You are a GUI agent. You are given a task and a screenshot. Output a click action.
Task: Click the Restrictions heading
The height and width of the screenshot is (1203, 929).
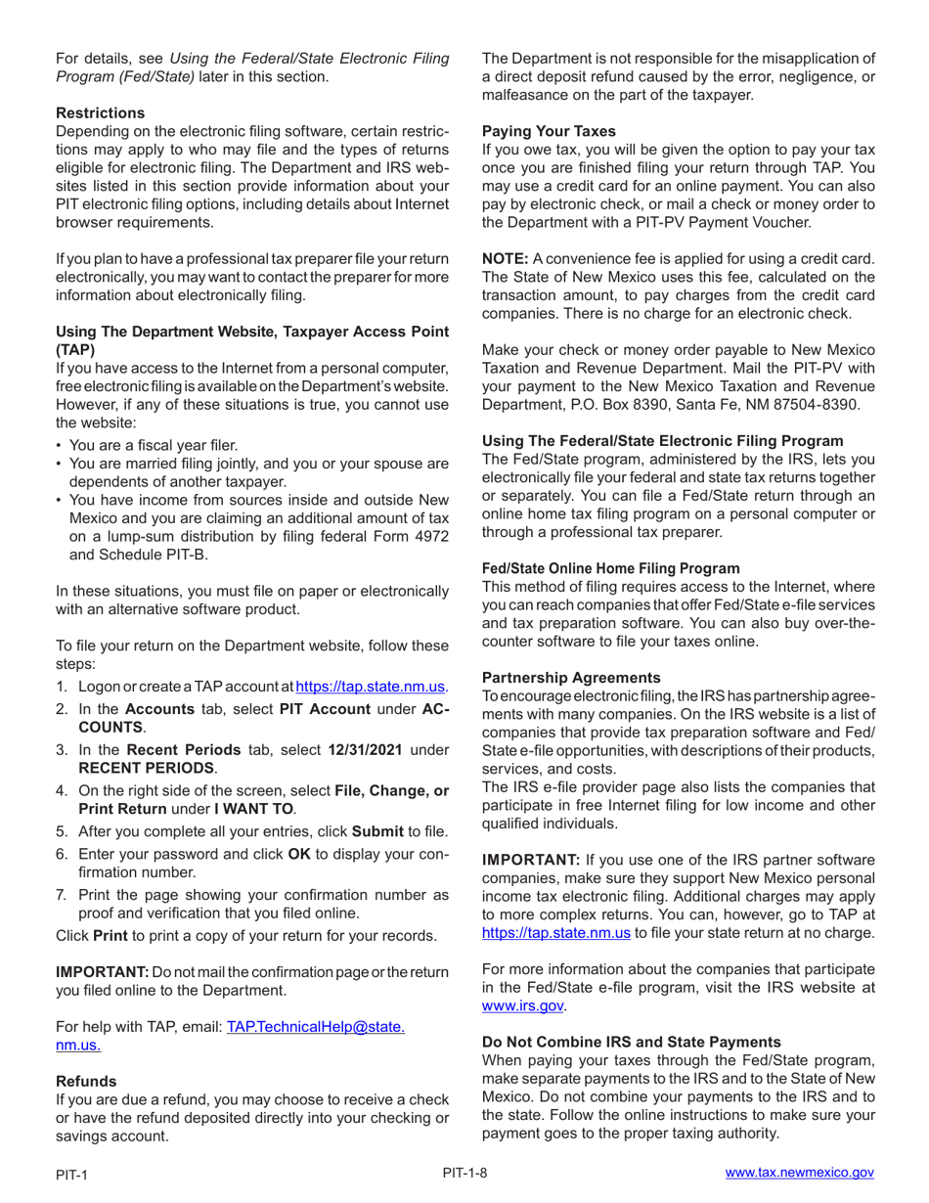tap(100, 112)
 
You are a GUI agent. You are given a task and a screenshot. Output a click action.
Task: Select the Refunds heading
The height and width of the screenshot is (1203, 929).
tap(86, 1081)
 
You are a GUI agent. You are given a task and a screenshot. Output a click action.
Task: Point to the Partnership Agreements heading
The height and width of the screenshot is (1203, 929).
tap(572, 677)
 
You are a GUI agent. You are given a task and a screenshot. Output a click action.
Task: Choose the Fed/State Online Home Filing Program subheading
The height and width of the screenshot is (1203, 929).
tap(611, 568)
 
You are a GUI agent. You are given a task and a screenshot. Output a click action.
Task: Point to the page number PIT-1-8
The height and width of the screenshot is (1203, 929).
tap(464, 1172)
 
